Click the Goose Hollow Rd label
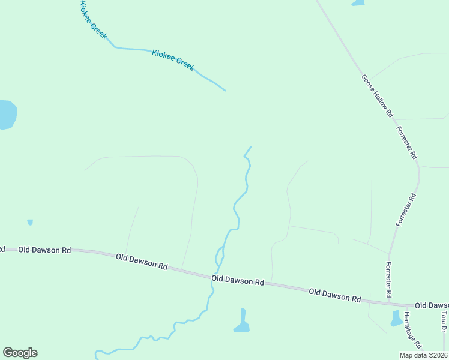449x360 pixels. pyautogui.click(x=377, y=95)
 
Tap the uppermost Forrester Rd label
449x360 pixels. pyautogui.click(x=406, y=142)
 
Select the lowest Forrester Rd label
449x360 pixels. pyautogui.click(x=388, y=280)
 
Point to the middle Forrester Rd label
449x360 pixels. pyautogui.click(x=406, y=209)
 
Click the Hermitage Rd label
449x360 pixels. pyautogui.click(x=413, y=331)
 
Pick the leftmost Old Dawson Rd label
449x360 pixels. pyautogui.click(x=44, y=250)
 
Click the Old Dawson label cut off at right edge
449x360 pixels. pyautogui.click(x=432, y=305)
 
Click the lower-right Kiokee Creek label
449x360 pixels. pyautogui.click(x=173, y=60)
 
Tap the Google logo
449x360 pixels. pyautogui.click(x=20, y=353)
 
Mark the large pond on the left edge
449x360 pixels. pyautogui.click(x=7, y=114)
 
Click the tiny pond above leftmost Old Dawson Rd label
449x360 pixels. pyautogui.click(x=30, y=222)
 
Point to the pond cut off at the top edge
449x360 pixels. pyautogui.click(x=358, y=2)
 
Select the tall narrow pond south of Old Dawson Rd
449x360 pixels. pyautogui.click(x=242, y=322)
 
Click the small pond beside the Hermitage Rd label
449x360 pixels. pyautogui.click(x=396, y=318)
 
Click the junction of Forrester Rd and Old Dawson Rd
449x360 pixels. pyautogui.click(x=389, y=301)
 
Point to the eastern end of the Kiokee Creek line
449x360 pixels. pyautogui.click(x=225, y=91)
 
